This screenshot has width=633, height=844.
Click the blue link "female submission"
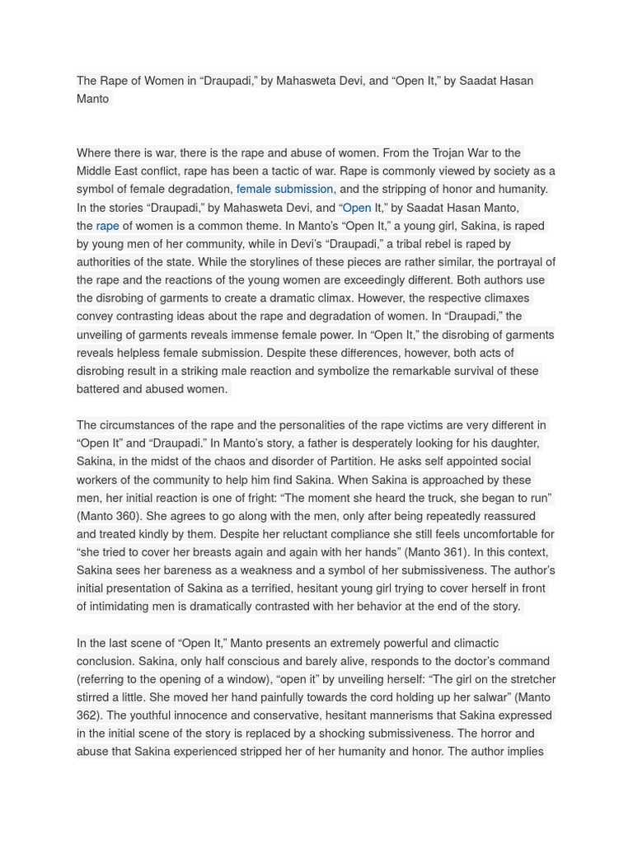point(284,190)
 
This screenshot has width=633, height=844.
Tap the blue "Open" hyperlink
point(356,208)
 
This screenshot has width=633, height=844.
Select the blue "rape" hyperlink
point(107,226)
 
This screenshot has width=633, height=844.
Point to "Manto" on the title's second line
point(92,99)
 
